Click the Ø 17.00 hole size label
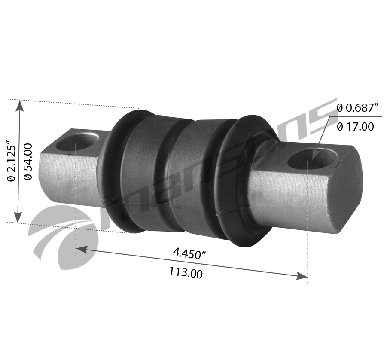(355, 126)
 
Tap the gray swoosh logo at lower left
(60, 234)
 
